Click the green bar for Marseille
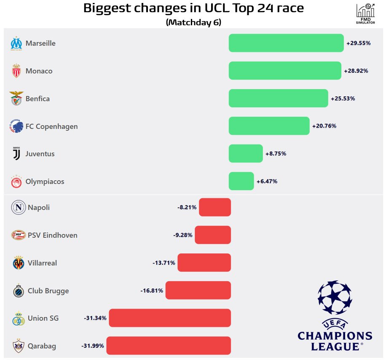point(286,43)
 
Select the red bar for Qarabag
point(169,346)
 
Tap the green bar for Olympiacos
point(241,181)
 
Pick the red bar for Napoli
point(215,207)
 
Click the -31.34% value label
point(95,318)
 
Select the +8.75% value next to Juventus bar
point(276,154)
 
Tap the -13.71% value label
point(164,263)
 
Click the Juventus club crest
point(16,154)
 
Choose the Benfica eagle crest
point(16,99)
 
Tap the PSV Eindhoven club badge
point(18,235)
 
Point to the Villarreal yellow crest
point(18,263)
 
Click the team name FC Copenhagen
point(51,126)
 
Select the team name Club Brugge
point(48,291)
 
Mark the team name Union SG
point(43,318)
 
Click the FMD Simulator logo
point(365,13)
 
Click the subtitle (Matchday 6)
point(193,22)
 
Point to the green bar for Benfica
point(278,98)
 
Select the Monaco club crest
point(16,71)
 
